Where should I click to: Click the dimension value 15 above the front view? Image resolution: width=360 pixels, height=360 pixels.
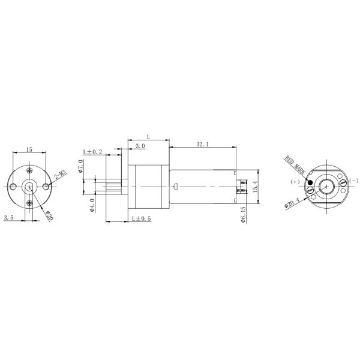[28, 149]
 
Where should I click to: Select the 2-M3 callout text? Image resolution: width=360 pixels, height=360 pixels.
[60, 175]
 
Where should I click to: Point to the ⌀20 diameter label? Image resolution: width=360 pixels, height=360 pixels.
[49, 215]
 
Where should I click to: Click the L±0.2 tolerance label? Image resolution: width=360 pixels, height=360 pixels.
[93, 151]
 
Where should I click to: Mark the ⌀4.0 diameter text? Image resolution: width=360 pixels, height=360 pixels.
[92, 205]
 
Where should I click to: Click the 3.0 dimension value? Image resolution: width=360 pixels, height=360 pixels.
[139, 146]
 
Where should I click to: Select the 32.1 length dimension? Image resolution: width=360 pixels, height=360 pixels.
[202, 145]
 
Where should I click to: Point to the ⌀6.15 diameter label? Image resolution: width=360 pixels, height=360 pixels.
[242, 214]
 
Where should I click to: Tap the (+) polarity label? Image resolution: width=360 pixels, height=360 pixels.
[294, 181]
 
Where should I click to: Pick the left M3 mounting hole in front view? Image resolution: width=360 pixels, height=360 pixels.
[13, 188]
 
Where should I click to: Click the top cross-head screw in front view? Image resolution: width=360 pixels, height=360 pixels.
[29, 174]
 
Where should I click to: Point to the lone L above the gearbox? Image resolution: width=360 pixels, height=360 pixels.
[148, 137]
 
